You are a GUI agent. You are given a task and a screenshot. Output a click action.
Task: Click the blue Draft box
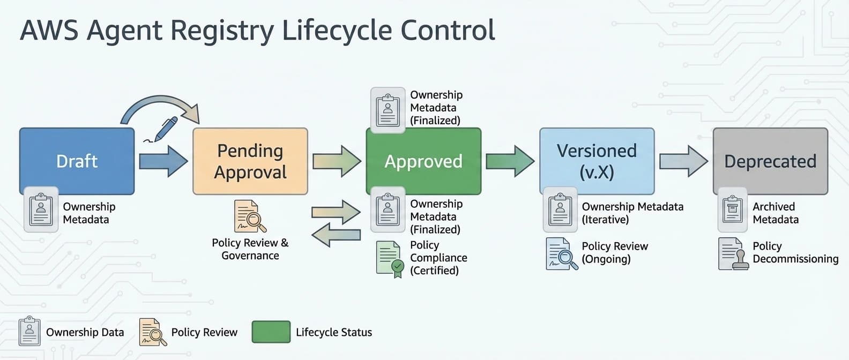pos(77,161)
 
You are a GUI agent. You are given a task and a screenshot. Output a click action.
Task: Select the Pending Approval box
pos(250,161)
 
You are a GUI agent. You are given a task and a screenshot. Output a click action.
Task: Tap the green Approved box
pos(423,161)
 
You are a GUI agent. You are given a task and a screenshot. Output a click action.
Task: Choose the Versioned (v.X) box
pos(597,161)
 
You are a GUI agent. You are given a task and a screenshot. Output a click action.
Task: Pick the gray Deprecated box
pos(770,161)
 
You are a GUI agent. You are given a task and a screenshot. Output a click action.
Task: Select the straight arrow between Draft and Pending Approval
pos(163,161)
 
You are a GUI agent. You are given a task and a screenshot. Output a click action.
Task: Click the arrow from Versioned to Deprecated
pos(683,161)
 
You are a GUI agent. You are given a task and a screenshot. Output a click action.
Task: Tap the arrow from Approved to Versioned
pos(510,161)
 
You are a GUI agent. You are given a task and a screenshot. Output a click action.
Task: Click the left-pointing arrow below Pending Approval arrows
pos(336,235)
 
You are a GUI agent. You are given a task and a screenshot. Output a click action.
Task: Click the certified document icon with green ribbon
pos(390,259)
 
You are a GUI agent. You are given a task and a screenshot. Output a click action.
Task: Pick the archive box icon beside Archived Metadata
pos(732,209)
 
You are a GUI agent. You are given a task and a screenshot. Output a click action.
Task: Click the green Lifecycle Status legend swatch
pos(271,332)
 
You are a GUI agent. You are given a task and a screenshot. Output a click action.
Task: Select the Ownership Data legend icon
pos(29,331)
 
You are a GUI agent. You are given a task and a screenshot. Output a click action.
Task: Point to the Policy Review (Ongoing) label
pos(614,252)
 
